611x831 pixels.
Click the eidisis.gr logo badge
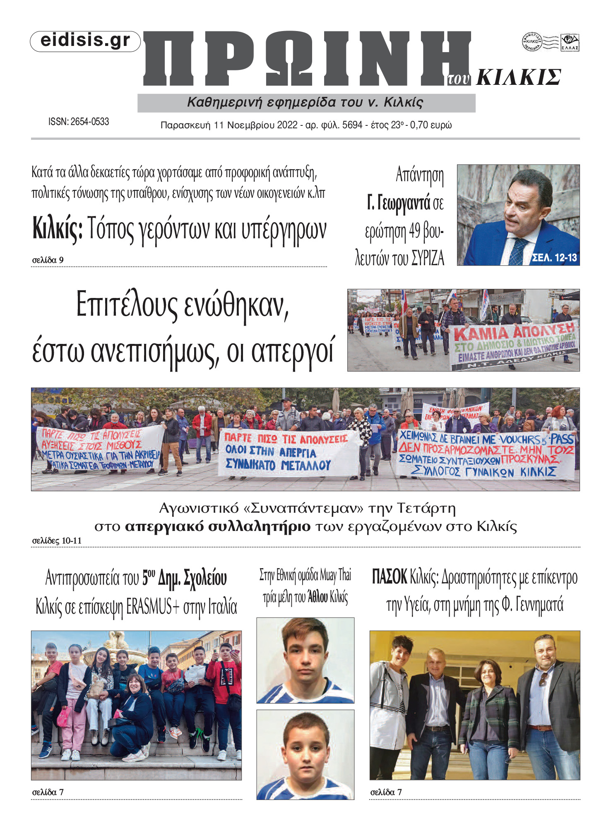[x=85, y=41]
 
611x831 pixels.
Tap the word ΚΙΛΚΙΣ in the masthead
[x=518, y=77]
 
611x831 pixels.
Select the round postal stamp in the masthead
[x=532, y=42]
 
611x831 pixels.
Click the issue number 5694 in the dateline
[x=352, y=125]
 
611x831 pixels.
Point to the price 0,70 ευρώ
[x=431, y=125]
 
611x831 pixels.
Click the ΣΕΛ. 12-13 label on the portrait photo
[x=554, y=258]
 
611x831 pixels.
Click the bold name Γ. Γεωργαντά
[x=398, y=203]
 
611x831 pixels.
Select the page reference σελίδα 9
[x=48, y=260]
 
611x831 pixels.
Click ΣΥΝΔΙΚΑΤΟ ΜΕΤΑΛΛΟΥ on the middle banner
[x=278, y=465]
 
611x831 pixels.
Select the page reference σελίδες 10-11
[x=57, y=541]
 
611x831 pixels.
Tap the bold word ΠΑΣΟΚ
[x=389, y=577]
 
